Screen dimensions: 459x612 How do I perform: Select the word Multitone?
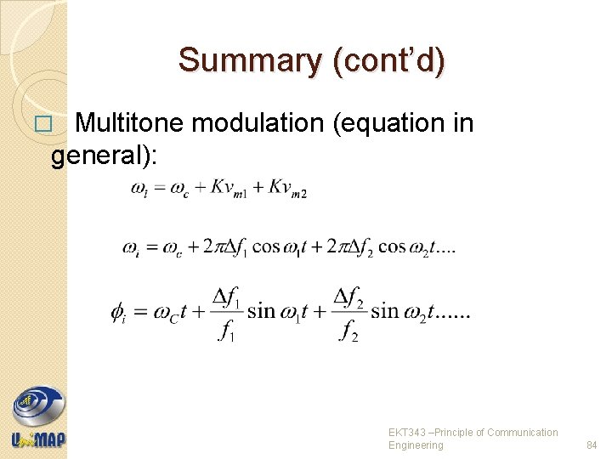[130, 123]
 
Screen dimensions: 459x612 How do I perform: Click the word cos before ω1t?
[265, 247]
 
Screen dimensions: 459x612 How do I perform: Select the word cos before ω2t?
[392, 247]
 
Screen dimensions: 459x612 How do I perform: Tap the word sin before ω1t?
[261, 311]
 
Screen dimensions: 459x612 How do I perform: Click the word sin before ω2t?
[386, 311]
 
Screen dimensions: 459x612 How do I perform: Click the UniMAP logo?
[38, 416]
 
